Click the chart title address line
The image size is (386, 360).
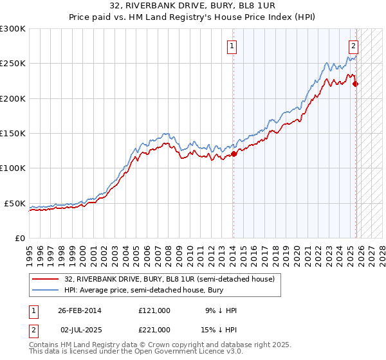tap(193, 6)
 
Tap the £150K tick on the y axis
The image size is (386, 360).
tap(13, 133)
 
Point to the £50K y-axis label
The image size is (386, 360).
tap(15, 203)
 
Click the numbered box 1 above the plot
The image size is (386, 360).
tap(232, 46)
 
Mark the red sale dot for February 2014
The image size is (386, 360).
tap(234, 154)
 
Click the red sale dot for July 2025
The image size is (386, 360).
tap(356, 84)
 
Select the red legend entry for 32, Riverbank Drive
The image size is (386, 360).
tap(170, 279)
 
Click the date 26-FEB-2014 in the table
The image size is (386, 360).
tap(79, 310)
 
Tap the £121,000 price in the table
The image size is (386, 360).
tap(154, 310)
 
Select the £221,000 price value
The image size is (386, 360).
tap(154, 329)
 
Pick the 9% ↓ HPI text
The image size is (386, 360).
tap(221, 310)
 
